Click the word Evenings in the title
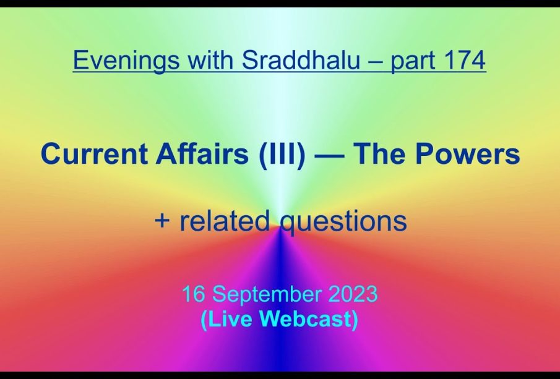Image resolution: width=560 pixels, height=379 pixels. pos(126,61)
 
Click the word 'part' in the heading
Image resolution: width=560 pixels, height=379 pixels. pos(413,61)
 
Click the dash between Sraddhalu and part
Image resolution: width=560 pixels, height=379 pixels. pos(376,61)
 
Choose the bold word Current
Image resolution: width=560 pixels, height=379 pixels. pos(94,153)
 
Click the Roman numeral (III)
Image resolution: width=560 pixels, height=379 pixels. pos(282,154)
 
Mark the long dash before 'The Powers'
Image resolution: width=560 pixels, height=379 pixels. pos(329,156)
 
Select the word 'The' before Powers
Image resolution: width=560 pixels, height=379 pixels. pos(378,153)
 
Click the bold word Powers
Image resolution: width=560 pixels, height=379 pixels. pos(467,153)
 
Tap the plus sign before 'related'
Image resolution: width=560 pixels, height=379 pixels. pos(162,220)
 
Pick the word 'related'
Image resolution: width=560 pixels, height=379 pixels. pos(224,220)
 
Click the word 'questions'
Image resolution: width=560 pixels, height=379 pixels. pos(343,222)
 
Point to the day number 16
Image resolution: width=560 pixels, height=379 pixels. pos(193,294)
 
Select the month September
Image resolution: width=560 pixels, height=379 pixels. pos(267,295)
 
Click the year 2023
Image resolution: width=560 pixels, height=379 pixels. pos(353,294)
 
